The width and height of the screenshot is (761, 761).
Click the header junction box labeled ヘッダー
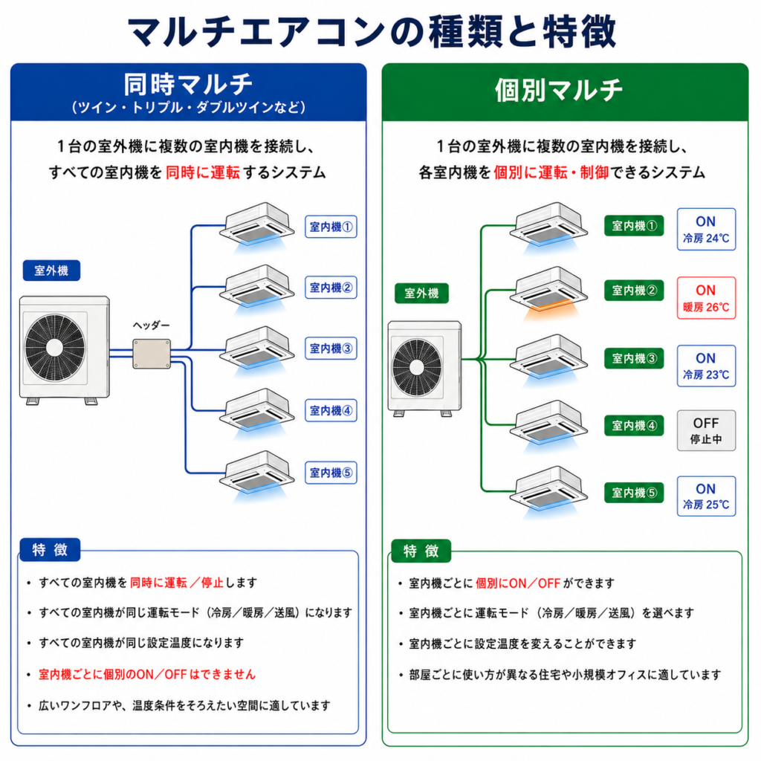pos(152,354)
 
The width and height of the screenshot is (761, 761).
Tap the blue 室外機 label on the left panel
pos(51,271)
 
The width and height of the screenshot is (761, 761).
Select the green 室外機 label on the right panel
pos(421,293)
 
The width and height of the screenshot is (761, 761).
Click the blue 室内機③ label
pos(331,349)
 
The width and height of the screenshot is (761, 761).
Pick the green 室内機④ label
pos(634,426)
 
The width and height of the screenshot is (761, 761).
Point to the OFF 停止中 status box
pos(706,430)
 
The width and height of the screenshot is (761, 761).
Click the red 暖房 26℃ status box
pos(706,298)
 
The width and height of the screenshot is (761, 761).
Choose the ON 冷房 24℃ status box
pos(706,229)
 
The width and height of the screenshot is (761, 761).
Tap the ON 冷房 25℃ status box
pos(706,496)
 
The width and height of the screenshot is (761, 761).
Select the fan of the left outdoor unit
pos(54,348)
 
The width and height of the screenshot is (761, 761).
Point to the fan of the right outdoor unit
pos(417,367)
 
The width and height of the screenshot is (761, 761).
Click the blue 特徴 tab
pos(50,550)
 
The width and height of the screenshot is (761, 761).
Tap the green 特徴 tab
pos(421,551)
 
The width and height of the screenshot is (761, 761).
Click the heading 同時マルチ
pos(188,84)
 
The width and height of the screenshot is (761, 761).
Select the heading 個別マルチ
pos(559,90)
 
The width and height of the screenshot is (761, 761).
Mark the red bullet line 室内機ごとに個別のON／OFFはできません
pos(147,674)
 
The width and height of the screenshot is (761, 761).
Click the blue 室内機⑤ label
pos(331,473)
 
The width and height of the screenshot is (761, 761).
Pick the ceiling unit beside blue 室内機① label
pos(256,226)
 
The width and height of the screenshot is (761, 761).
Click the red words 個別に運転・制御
pos(551,172)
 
